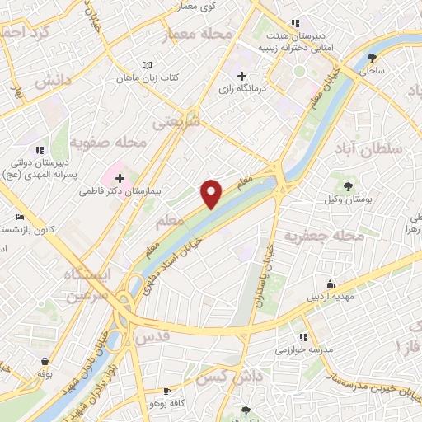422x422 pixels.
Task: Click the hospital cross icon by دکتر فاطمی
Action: pyautogui.click(x=120, y=178)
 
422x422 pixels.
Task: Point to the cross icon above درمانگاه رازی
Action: pyautogui.click(x=241, y=76)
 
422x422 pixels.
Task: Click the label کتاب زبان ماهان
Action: pyautogui.click(x=175, y=77)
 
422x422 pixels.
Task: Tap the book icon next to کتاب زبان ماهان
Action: pyautogui.click(x=148, y=65)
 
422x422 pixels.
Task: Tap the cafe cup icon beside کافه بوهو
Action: pyautogui.click(x=168, y=392)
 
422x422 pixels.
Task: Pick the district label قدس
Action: pyautogui.click(x=157, y=337)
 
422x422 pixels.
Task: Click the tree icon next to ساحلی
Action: pyautogui.click(x=373, y=58)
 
